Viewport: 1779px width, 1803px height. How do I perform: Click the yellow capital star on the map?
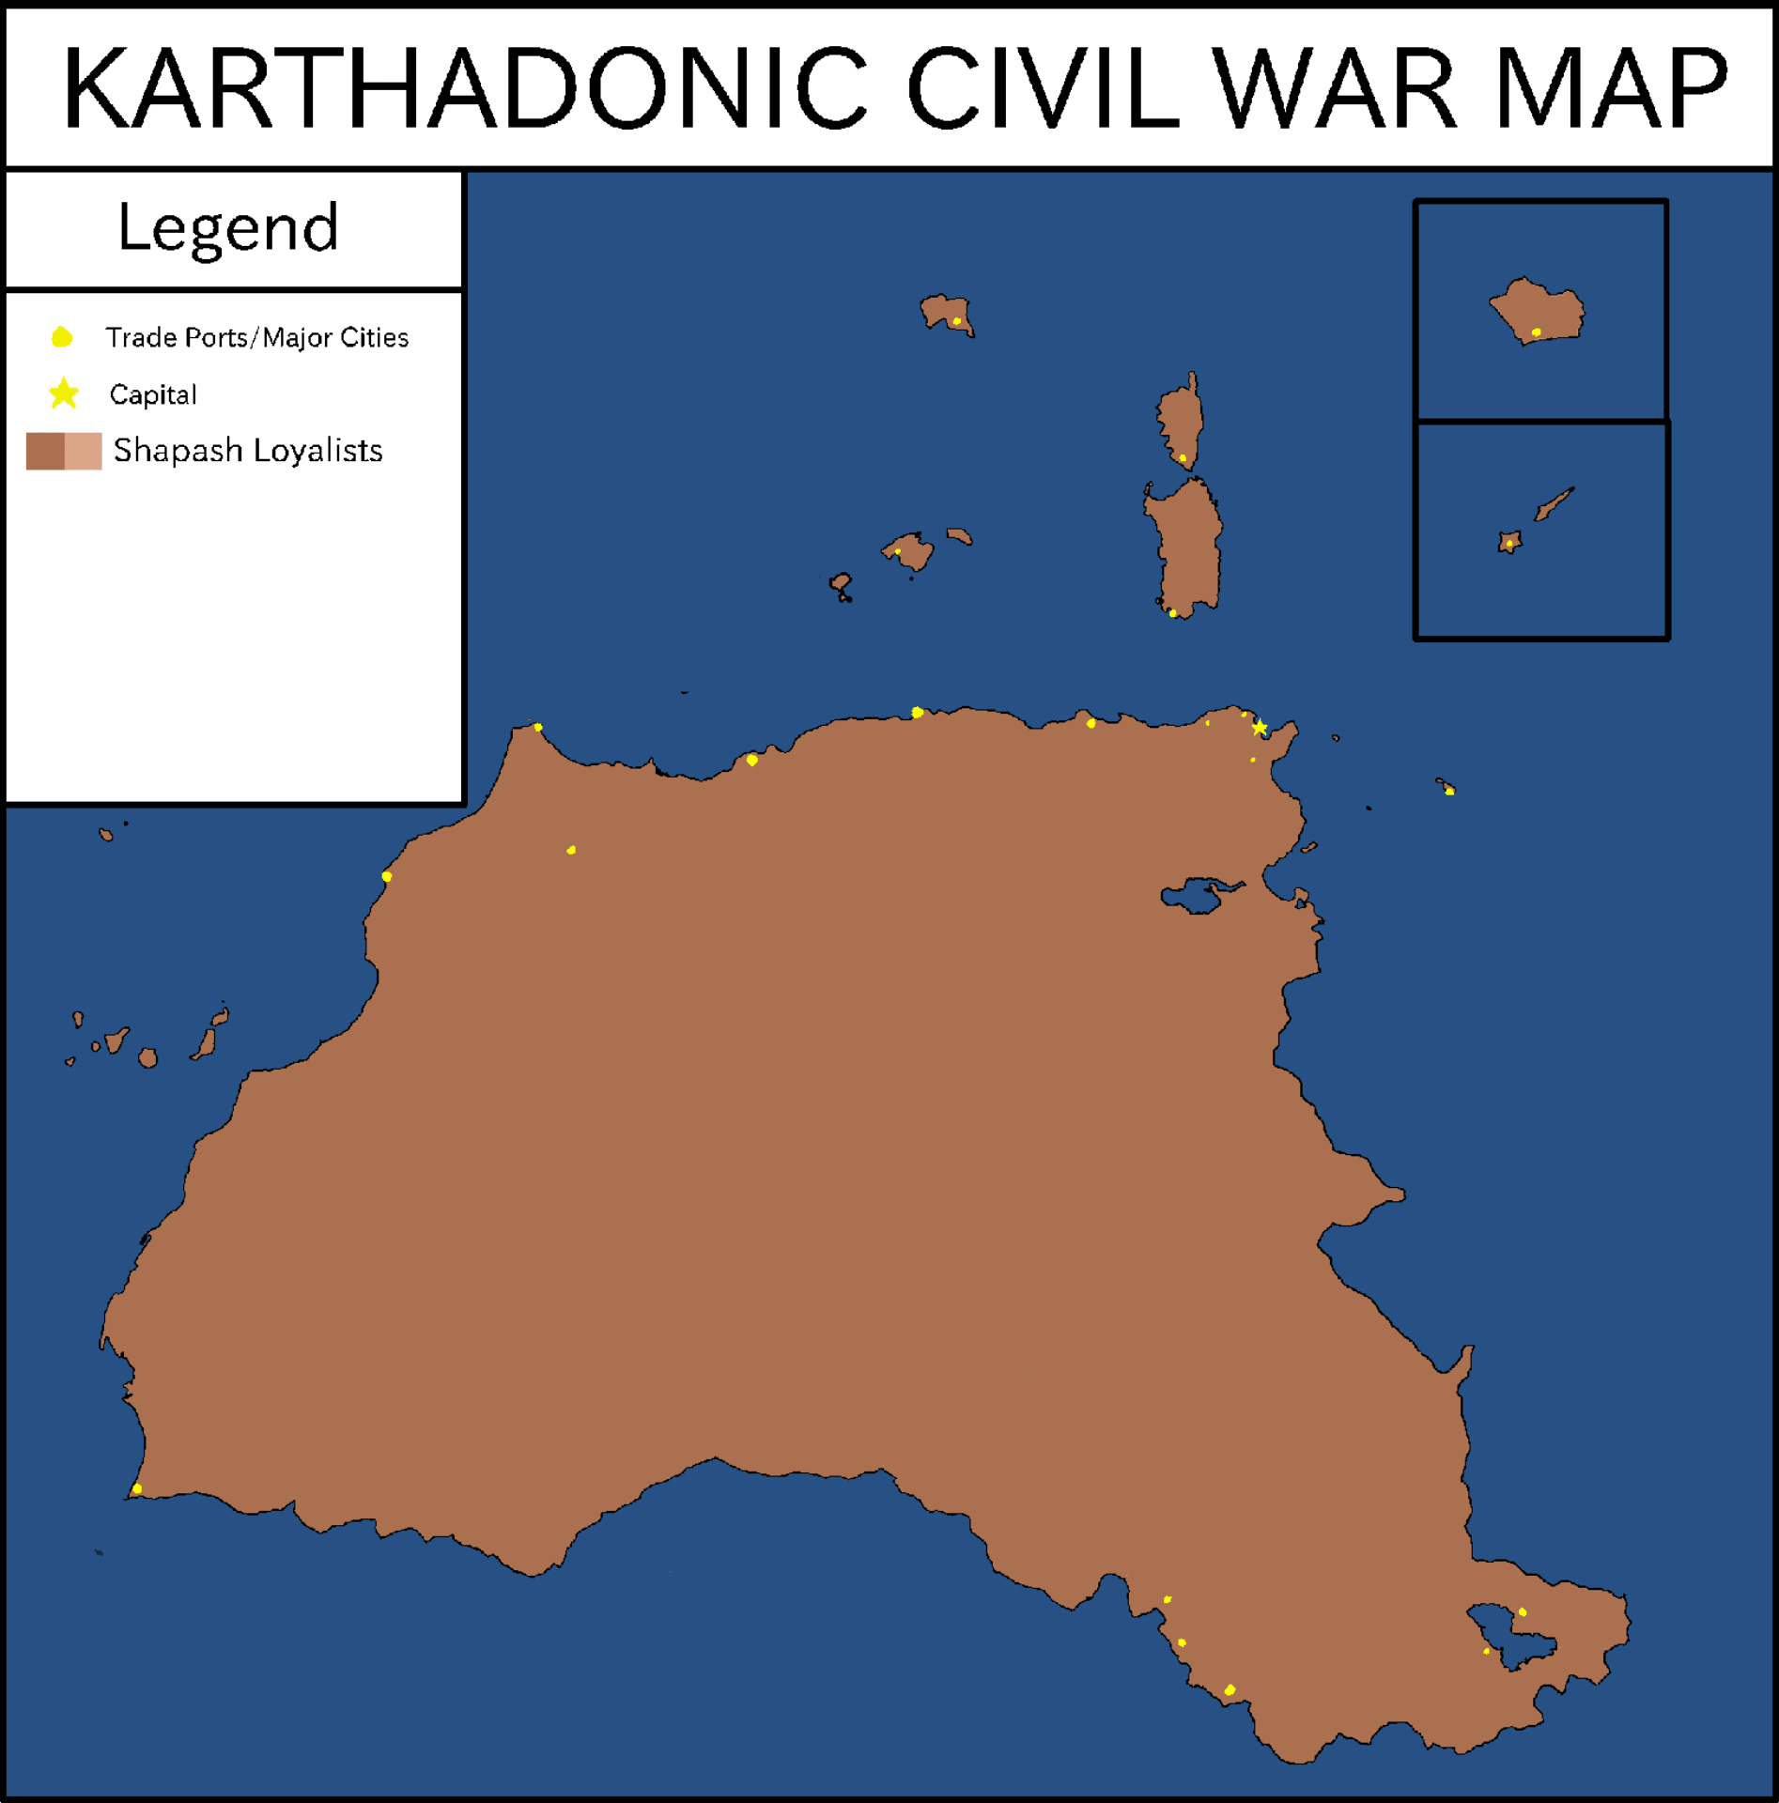(1260, 728)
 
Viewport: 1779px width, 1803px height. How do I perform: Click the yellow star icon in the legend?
(64, 393)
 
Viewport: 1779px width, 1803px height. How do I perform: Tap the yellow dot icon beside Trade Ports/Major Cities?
(62, 337)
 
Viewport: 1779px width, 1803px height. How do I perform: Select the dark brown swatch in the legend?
(44, 451)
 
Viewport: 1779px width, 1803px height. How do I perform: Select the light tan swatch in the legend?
(84, 451)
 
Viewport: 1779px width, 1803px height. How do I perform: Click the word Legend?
(228, 228)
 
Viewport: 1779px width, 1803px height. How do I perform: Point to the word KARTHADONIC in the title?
(465, 89)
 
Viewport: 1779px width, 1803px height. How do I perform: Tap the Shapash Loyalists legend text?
(248, 451)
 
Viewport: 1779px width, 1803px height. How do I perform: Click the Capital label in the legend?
(153, 394)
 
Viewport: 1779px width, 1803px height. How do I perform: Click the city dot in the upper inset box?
(1537, 332)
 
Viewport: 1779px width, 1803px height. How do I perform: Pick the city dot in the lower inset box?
(1509, 544)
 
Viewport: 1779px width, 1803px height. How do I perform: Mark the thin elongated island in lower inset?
(1555, 504)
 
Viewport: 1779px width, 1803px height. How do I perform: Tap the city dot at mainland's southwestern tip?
(137, 1488)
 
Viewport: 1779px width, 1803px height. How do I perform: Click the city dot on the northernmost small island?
(957, 321)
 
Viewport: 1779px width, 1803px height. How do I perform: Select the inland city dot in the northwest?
(571, 850)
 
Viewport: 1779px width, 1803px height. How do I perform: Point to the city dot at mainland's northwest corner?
(538, 727)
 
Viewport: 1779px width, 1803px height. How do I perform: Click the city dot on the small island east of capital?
(1449, 791)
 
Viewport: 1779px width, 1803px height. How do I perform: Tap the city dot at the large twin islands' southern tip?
(1173, 613)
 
